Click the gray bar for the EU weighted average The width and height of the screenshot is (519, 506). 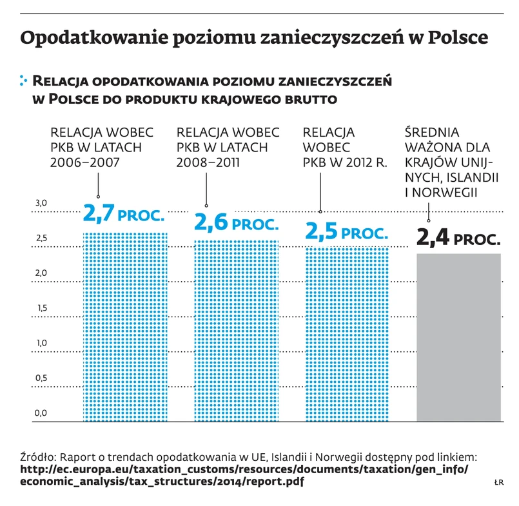(458, 338)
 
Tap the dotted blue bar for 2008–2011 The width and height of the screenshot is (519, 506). (237, 331)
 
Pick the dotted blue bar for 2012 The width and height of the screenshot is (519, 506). (348, 335)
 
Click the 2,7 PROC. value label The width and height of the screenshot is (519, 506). (124, 213)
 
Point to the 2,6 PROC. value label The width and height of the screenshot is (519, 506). (236, 223)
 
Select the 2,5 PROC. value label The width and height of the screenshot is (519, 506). (347, 231)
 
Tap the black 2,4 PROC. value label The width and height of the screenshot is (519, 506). (458, 239)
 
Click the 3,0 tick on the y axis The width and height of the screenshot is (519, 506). (41, 204)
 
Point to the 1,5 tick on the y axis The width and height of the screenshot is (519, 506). (41, 308)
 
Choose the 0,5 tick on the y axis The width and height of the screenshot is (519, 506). (41, 378)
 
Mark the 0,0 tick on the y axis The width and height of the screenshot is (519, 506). (41, 413)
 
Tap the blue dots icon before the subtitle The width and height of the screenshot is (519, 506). (24, 81)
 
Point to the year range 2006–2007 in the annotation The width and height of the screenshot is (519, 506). (84, 162)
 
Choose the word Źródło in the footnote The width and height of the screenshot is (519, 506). (40, 457)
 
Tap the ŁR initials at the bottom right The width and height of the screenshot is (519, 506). (498, 482)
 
